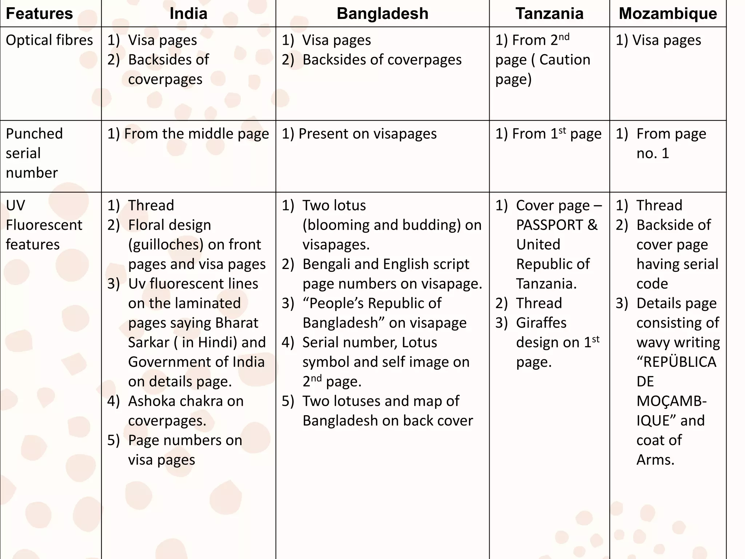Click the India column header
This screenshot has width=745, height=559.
coord(188,13)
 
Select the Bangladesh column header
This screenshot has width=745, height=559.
coord(382,13)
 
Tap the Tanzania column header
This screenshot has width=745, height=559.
coord(549,13)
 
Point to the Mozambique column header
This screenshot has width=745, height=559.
coord(668,13)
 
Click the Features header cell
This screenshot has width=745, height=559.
coord(39,13)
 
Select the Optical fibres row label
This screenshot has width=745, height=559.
coord(49,40)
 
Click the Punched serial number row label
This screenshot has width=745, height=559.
coord(35,153)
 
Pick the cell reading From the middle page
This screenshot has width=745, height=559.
coord(188,134)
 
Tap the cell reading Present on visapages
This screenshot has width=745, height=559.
coord(359,134)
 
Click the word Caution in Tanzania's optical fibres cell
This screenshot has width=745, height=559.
coord(565,60)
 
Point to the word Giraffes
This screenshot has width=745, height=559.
coord(541,323)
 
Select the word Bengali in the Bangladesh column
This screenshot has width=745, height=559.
coord(326,264)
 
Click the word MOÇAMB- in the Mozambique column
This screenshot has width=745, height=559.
coord(672,401)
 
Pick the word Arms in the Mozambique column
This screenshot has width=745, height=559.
coord(655,460)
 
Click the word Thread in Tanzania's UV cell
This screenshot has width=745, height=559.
coord(539,303)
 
